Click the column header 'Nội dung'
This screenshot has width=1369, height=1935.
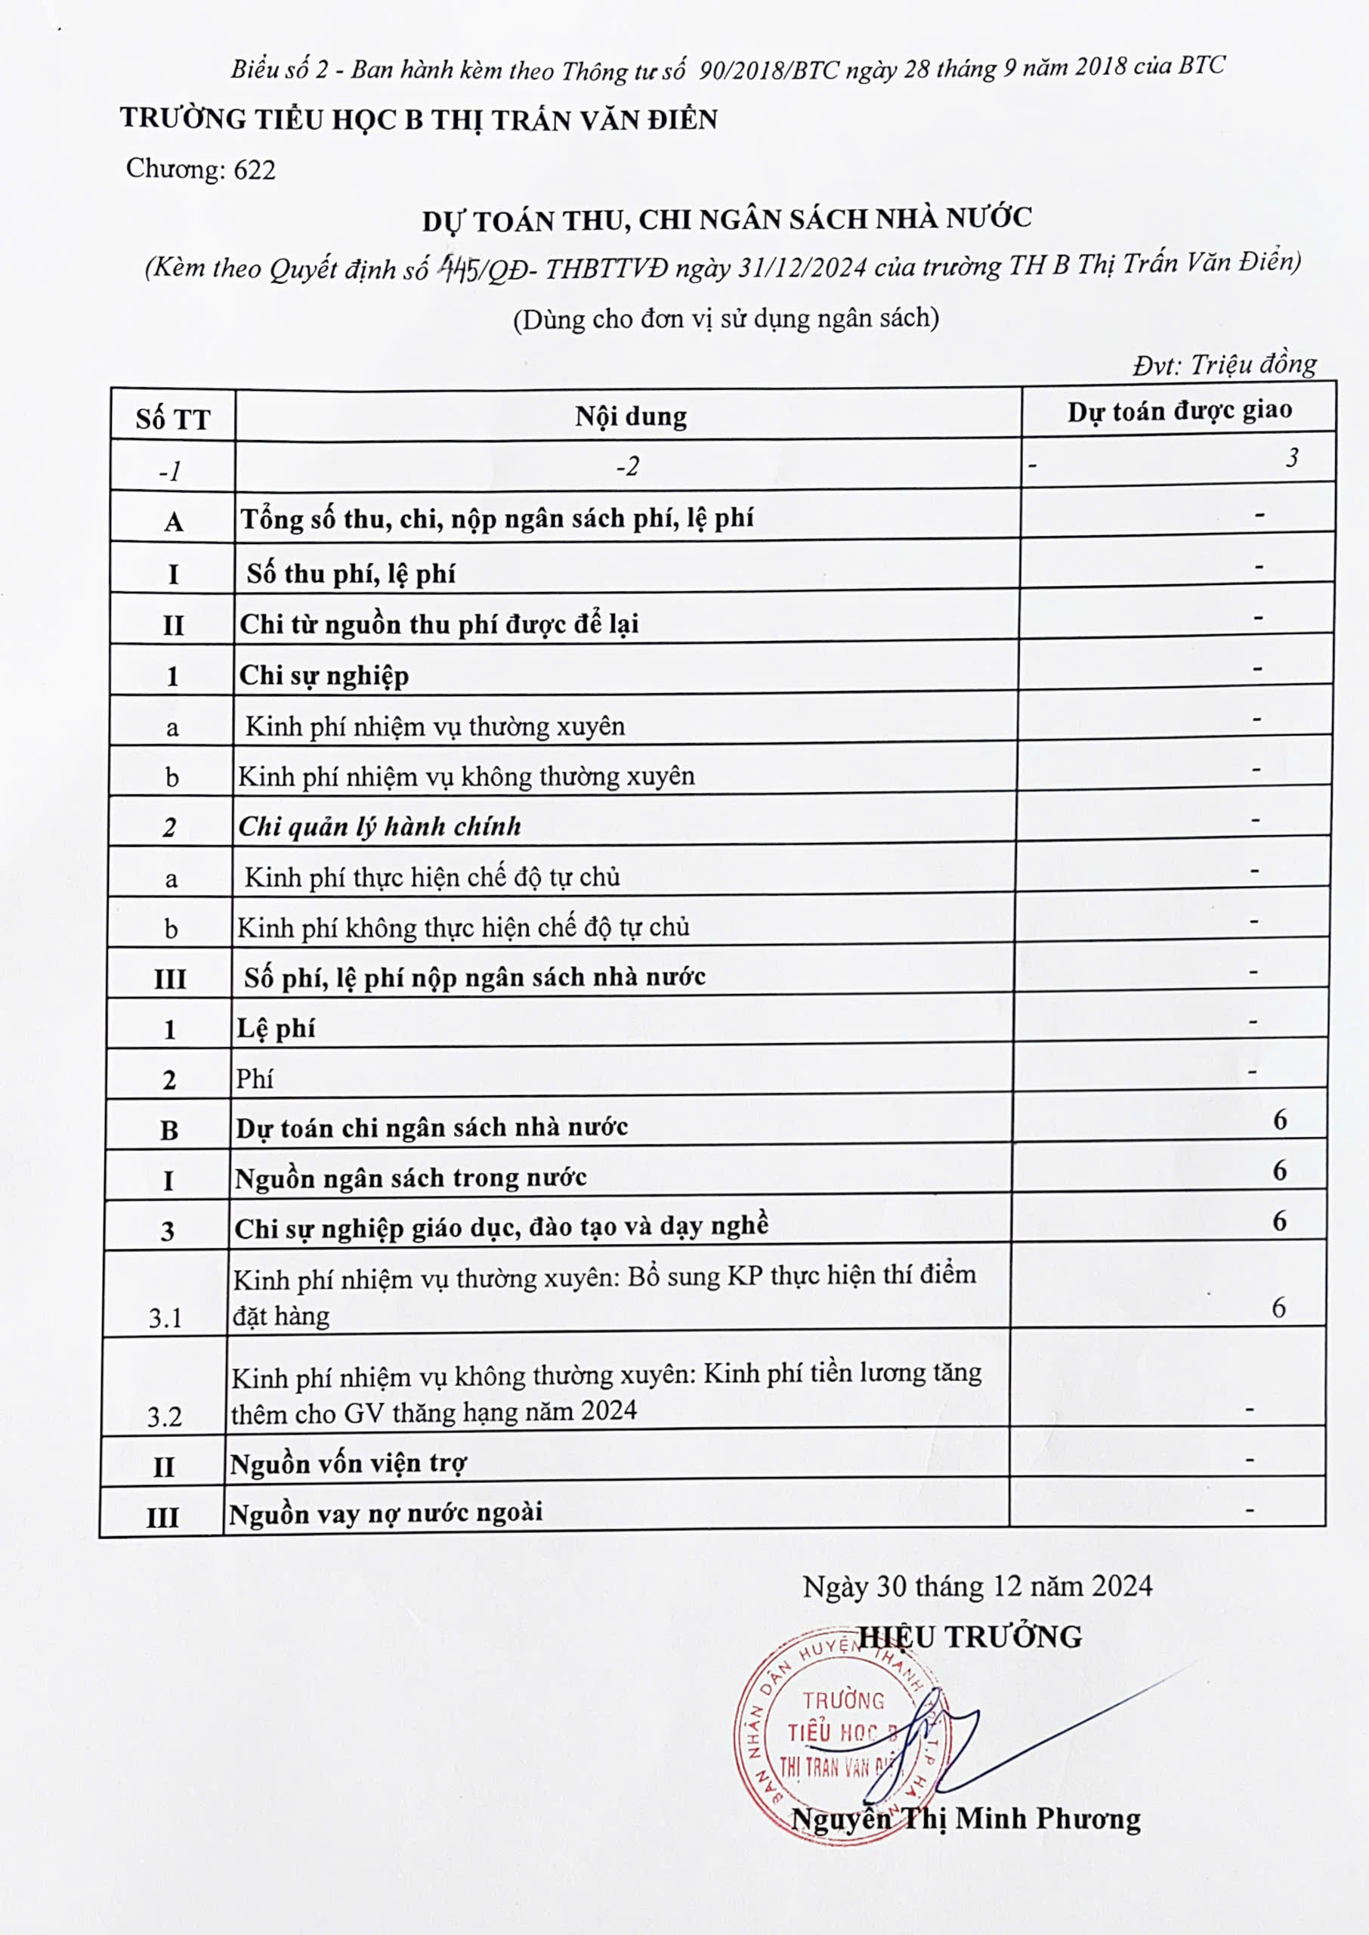631,416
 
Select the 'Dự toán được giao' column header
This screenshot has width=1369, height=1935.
1179,410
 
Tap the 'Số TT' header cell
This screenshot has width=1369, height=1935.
173,419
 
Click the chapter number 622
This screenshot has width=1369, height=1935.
255,170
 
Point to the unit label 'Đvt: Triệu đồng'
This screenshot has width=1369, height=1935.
1224,364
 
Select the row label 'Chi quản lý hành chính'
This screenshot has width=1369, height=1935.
379,826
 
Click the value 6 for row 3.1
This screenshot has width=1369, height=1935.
1278,1308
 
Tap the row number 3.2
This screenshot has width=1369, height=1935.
165,1417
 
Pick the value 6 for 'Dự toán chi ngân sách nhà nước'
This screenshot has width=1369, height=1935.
1280,1119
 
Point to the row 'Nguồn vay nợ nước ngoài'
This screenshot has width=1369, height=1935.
385,1513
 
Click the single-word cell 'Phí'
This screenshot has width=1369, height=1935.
255,1079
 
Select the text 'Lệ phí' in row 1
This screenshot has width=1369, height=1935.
276,1029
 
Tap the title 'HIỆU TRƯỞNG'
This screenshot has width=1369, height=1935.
969,1637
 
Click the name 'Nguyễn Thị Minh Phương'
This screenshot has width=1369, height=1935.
966,1819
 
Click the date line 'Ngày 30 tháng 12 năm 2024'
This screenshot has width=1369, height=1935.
977,1586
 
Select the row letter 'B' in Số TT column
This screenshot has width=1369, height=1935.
168,1131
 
